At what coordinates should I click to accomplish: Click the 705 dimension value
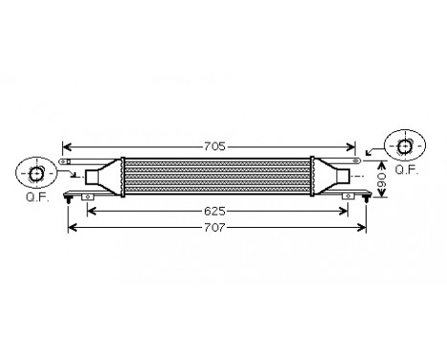pos(214,146)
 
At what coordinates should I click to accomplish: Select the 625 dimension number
pos(214,209)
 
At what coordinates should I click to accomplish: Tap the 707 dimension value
pos(216,228)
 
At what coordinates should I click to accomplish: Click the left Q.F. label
pos(36,199)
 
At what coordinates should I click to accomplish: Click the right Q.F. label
pos(406,169)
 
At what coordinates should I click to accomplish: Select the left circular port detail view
pos(36,173)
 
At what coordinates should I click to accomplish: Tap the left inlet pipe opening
pos(93,176)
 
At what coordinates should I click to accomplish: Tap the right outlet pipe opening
pos(344,176)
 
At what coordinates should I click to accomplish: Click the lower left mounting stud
pos(68,199)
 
